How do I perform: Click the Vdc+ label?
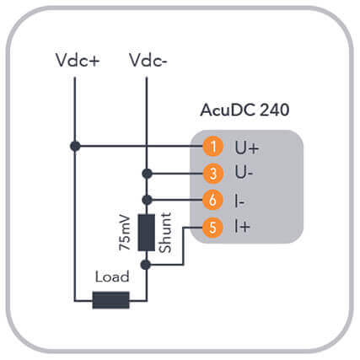click(78, 60)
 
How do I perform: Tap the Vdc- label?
click(148, 60)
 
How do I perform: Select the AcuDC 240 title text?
click(244, 110)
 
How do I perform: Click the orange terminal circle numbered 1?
click(212, 146)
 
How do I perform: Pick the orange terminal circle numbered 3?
click(212, 173)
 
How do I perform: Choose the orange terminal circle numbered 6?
click(212, 200)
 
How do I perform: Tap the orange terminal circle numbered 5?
click(212, 227)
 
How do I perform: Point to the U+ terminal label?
click(246, 148)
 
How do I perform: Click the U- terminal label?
click(244, 173)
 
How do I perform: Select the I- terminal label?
click(239, 201)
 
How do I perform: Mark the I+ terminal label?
click(242, 227)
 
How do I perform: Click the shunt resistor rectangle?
click(146, 233)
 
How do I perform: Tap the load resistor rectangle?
click(111, 300)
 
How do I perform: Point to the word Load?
click(112, 277)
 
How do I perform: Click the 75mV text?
click(125, 233)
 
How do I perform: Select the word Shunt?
click(165, 233)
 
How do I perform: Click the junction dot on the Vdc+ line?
click(75, 146)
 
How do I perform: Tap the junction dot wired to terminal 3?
click(147, 174)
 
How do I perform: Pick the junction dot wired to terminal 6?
click(147, 200)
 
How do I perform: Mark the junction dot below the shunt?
click(146, 265)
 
